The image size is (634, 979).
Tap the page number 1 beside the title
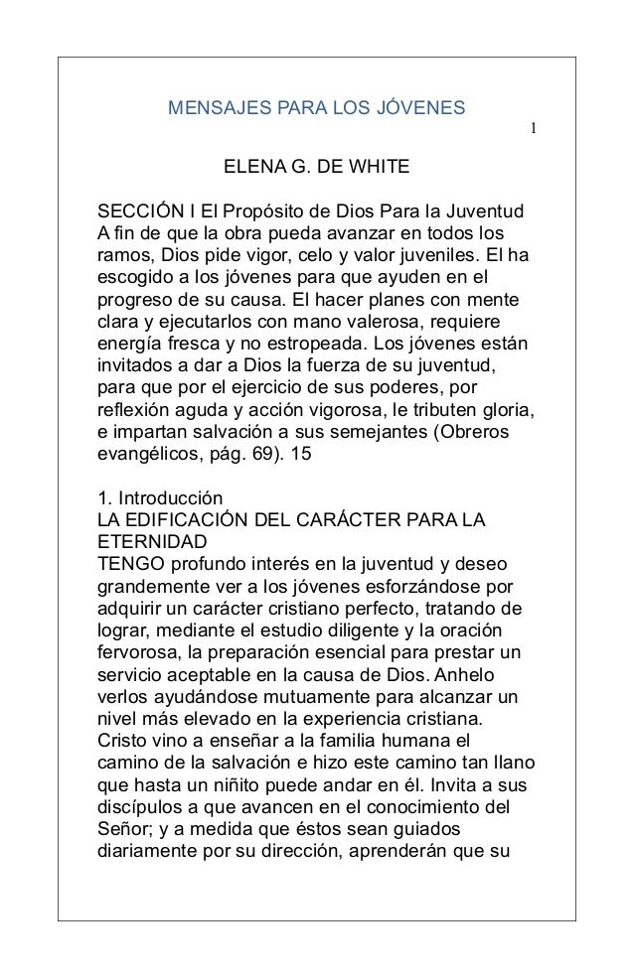point(533,130)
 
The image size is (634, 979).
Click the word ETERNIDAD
point(152,541)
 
